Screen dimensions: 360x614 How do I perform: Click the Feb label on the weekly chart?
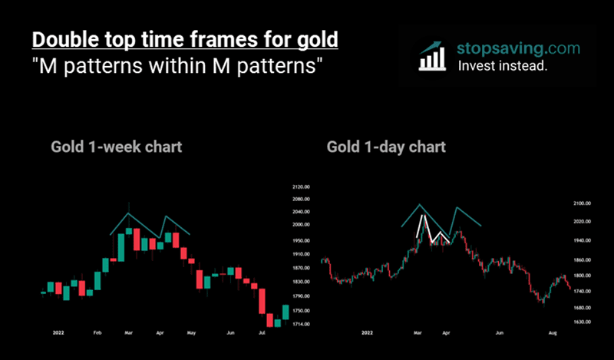(x=97, y=334)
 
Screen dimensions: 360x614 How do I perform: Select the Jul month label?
(x=262, y=334)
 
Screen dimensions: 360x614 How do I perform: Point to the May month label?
(x=192, y=334)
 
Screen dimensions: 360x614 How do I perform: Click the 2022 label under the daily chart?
(x=368, y=334)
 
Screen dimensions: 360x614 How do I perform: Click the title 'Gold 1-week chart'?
(x=117, y=146)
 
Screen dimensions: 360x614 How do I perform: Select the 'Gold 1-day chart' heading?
(x=386, y=146)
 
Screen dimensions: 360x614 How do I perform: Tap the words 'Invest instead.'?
(x=503, y=66)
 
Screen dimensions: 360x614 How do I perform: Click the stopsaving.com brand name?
(x=518, y=48)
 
